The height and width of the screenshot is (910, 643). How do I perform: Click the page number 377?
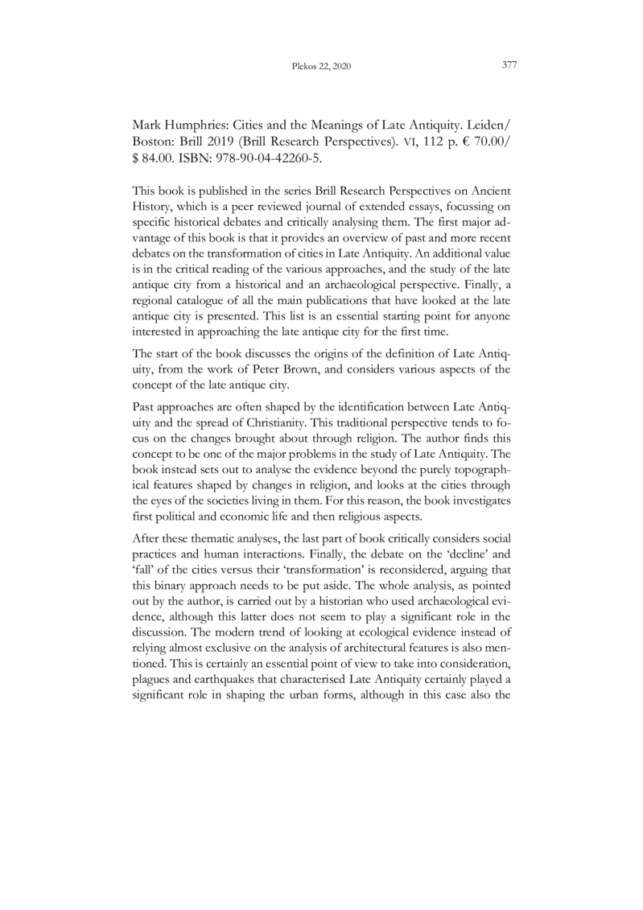[508, 65]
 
